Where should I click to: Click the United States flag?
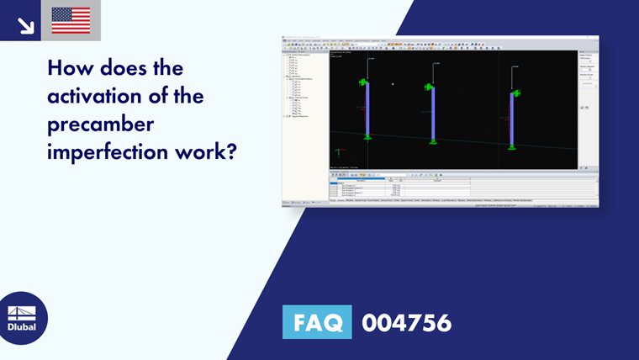(71, 20)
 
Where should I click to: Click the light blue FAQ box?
(317, 322)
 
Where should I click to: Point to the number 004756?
(406, 322)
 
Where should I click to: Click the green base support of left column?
(367, 135)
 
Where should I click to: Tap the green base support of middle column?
(433, 140)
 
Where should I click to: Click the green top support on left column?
(363, 82)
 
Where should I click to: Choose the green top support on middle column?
(429, 87)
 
